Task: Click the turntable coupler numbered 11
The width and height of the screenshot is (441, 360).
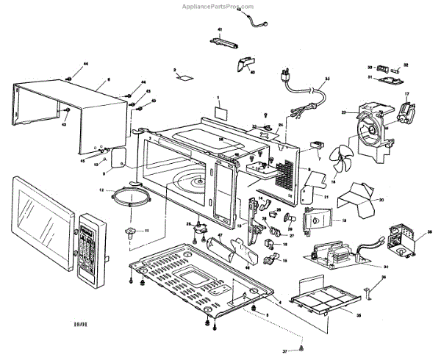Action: (x=132, y=234)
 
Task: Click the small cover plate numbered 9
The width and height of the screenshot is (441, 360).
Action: (x=118, y=158)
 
